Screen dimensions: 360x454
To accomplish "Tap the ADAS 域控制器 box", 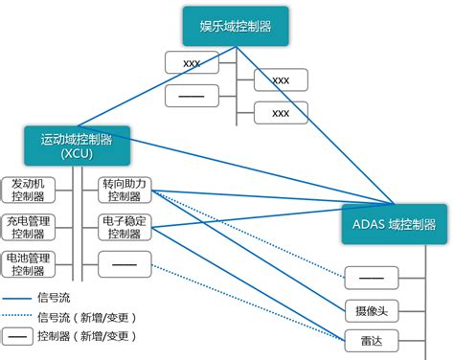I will [394, 224].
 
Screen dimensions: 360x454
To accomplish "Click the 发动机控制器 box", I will [28, 189].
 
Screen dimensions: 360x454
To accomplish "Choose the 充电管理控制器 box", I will [28, 226].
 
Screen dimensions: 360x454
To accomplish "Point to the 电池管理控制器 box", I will [28, 263].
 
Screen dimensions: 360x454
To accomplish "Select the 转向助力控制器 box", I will [125, 189].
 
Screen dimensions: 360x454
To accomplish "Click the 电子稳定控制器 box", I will [125, 226].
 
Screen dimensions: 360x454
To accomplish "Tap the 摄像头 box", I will [371, 310].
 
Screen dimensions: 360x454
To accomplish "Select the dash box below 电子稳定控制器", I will [125, 261].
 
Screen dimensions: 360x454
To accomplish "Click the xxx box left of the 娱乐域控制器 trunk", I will [192, 63].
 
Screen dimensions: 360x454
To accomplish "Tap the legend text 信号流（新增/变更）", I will [85, 317].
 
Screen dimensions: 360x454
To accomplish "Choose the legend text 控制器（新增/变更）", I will [85, 336].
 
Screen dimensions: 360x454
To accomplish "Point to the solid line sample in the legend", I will [16, 299].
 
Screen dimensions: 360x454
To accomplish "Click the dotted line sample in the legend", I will [16, 317].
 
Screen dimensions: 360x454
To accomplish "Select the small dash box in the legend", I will [16, 336].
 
